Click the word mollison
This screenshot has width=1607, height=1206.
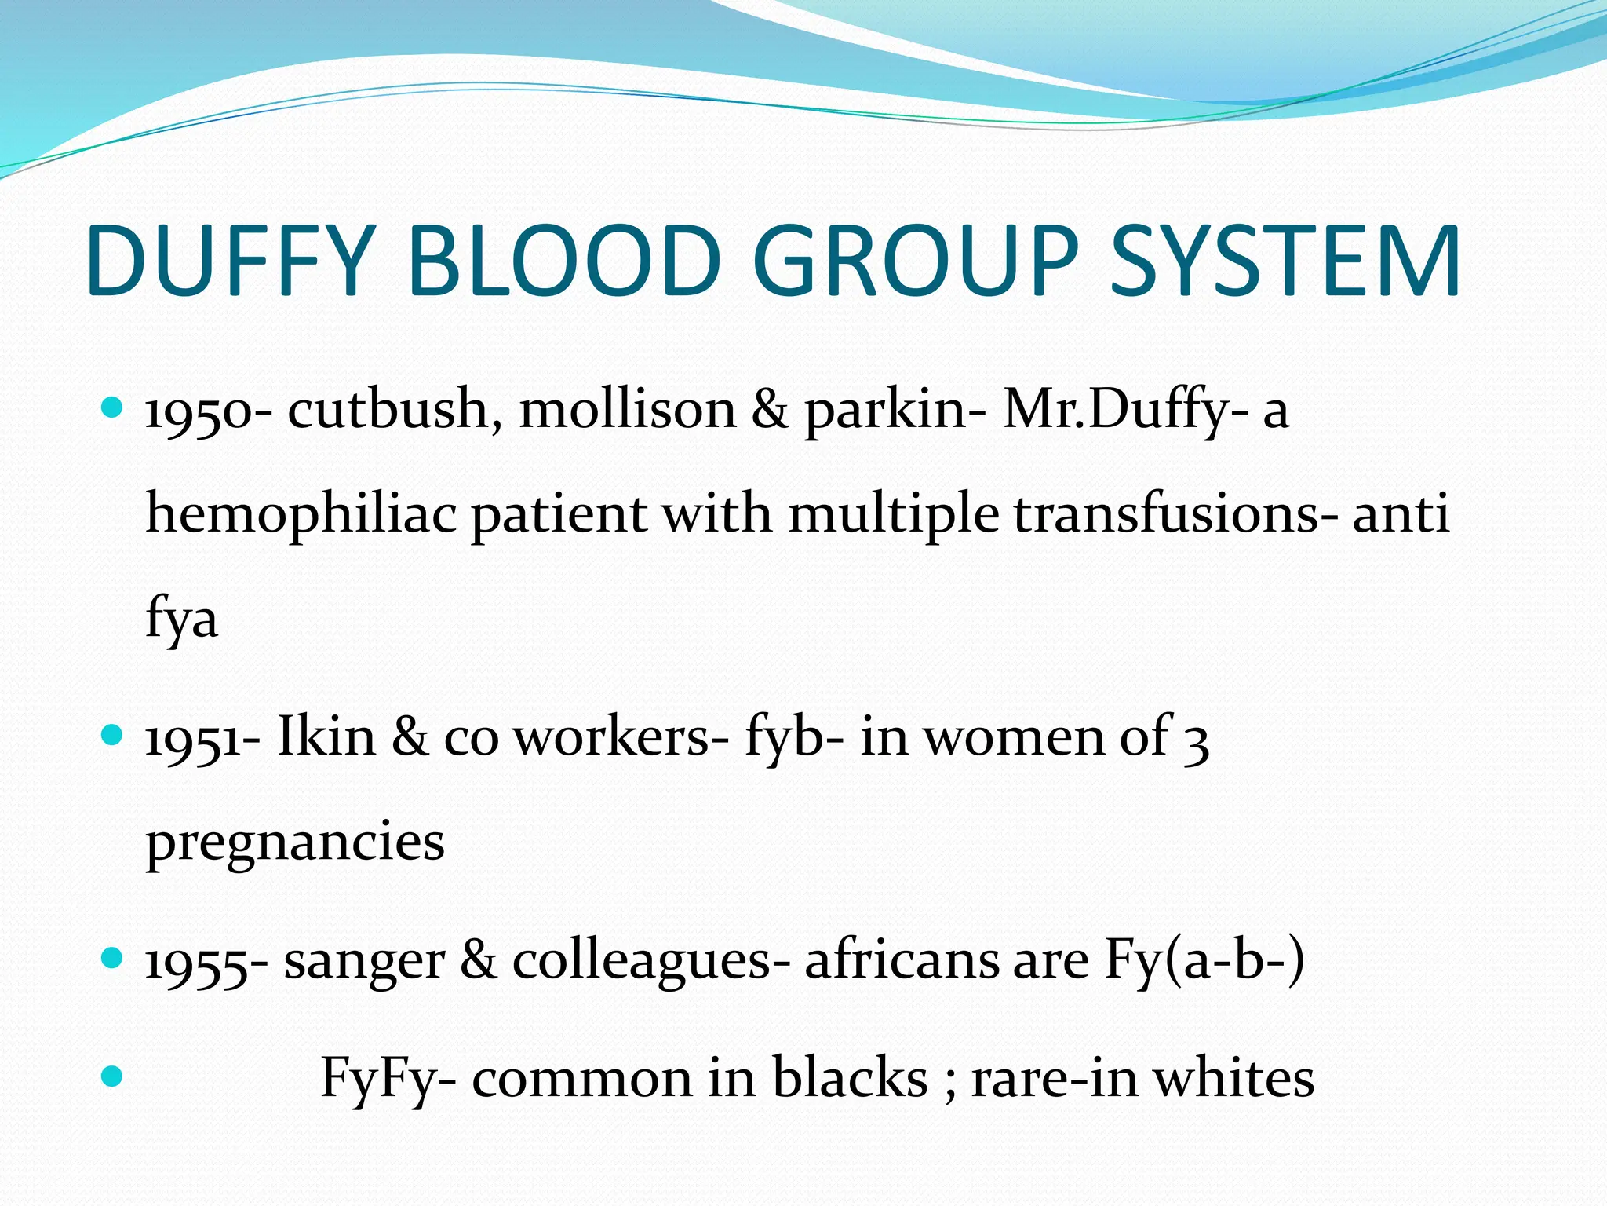pyautogui.click(x=628, y=409)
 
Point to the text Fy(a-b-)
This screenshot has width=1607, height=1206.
pyautogui.click(x=1204, y=960)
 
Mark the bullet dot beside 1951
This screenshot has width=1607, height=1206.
pyautogui.click(x=113, y=735)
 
